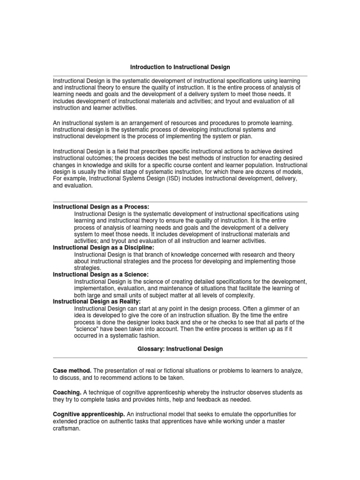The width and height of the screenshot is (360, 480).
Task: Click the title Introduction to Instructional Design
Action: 180,67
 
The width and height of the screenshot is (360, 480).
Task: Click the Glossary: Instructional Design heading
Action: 180,349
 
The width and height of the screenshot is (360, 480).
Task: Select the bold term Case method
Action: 72,371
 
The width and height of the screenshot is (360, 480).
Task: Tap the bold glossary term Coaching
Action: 67,392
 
